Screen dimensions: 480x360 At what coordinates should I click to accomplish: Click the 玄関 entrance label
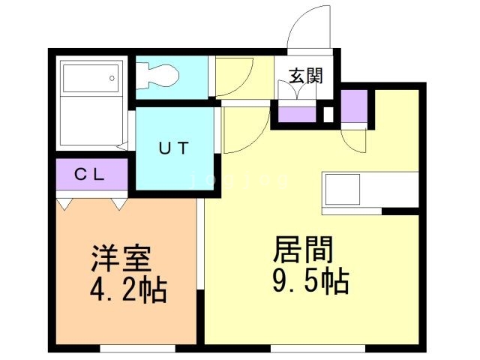(x=306, y=76)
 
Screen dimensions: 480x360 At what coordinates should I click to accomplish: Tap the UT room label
(x=173, y=148)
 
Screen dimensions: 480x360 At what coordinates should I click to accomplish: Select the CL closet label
(x=89, y=175)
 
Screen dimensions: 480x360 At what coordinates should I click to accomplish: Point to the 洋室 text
(x=121, y=258)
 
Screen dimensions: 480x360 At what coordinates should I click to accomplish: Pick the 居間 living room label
(x=303, y=249)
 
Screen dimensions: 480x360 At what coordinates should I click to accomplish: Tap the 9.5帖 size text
(x=310, y=280)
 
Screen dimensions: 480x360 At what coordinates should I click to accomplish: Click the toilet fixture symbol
(x=157, y=76)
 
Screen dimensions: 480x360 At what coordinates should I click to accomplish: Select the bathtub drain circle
(x=112, y=78)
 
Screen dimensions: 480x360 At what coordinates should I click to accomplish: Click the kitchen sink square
(x=343, y=190)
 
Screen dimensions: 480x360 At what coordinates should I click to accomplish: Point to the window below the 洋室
(x=137, y=348)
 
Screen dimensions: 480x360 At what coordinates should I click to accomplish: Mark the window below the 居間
(x=318, y=348)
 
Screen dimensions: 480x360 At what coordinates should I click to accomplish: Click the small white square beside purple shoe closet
(x=328, y=115)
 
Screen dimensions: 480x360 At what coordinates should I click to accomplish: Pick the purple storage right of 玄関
(x=354, y=106)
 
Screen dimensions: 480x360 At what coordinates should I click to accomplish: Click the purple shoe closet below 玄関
(x=297, y=114)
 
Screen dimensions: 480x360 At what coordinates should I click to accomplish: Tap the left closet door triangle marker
(x=64, y=204)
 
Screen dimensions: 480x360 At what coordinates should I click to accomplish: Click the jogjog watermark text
(x=239, y=181)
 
